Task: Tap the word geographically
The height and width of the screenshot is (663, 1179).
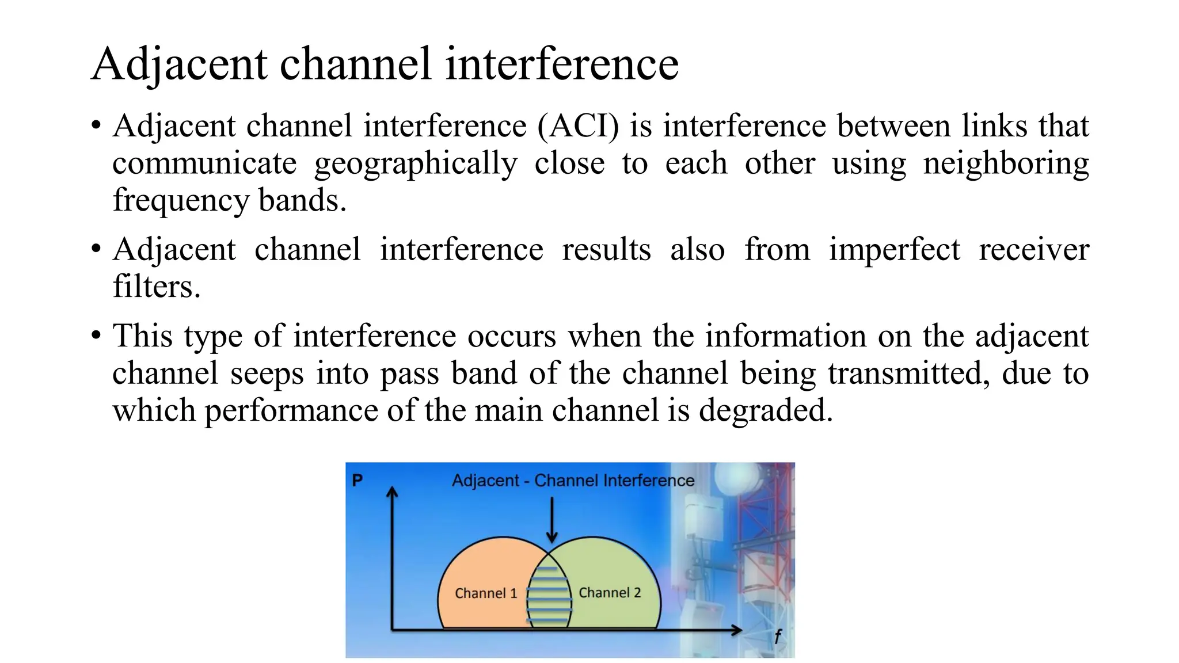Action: tap(416, 164)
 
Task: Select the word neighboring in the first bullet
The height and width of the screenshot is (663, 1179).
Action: tap(1006, 164)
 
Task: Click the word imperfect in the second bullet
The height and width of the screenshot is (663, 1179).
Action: tap(894, 250)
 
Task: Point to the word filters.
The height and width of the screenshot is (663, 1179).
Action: tap(156, 287)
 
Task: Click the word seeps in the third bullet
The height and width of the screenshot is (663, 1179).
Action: tap(267, 374)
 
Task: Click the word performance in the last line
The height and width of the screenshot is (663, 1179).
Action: tap(291, 411)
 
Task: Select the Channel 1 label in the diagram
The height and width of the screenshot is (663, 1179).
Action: tap(485, 593)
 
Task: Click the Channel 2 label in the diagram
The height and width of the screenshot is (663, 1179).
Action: tap(609, 593)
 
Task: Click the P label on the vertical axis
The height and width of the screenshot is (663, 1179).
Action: tap(357, 480)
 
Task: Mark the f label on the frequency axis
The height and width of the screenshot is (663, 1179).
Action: tap(777, 637)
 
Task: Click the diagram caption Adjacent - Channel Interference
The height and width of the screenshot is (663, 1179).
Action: tap(573, 481)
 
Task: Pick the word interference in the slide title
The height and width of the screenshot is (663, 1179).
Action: tap(562, 64)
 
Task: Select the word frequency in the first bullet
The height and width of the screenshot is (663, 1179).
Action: tap(181, 201)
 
